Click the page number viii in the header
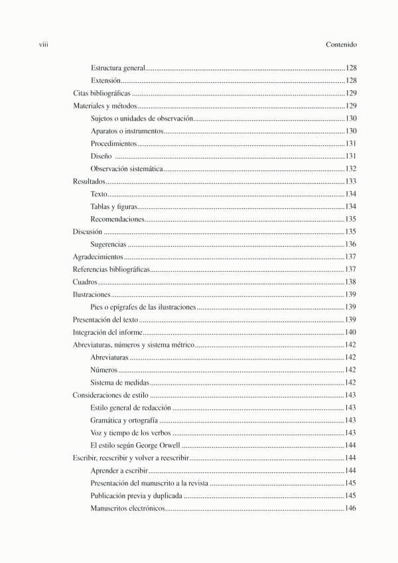(46, 45)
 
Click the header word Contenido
(342, 45)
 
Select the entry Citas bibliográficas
(101, 94)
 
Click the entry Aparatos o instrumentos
(127, 131)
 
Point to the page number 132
(351, 169)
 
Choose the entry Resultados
(89, 182)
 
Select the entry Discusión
(88, 232)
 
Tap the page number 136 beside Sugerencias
(351, 245)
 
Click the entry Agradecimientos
(98, 257)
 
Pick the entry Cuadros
(85, 282)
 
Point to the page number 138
(351, 282)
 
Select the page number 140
(351, 332)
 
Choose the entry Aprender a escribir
(119, 470)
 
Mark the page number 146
(351, 509)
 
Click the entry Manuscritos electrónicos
(127, 509)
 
